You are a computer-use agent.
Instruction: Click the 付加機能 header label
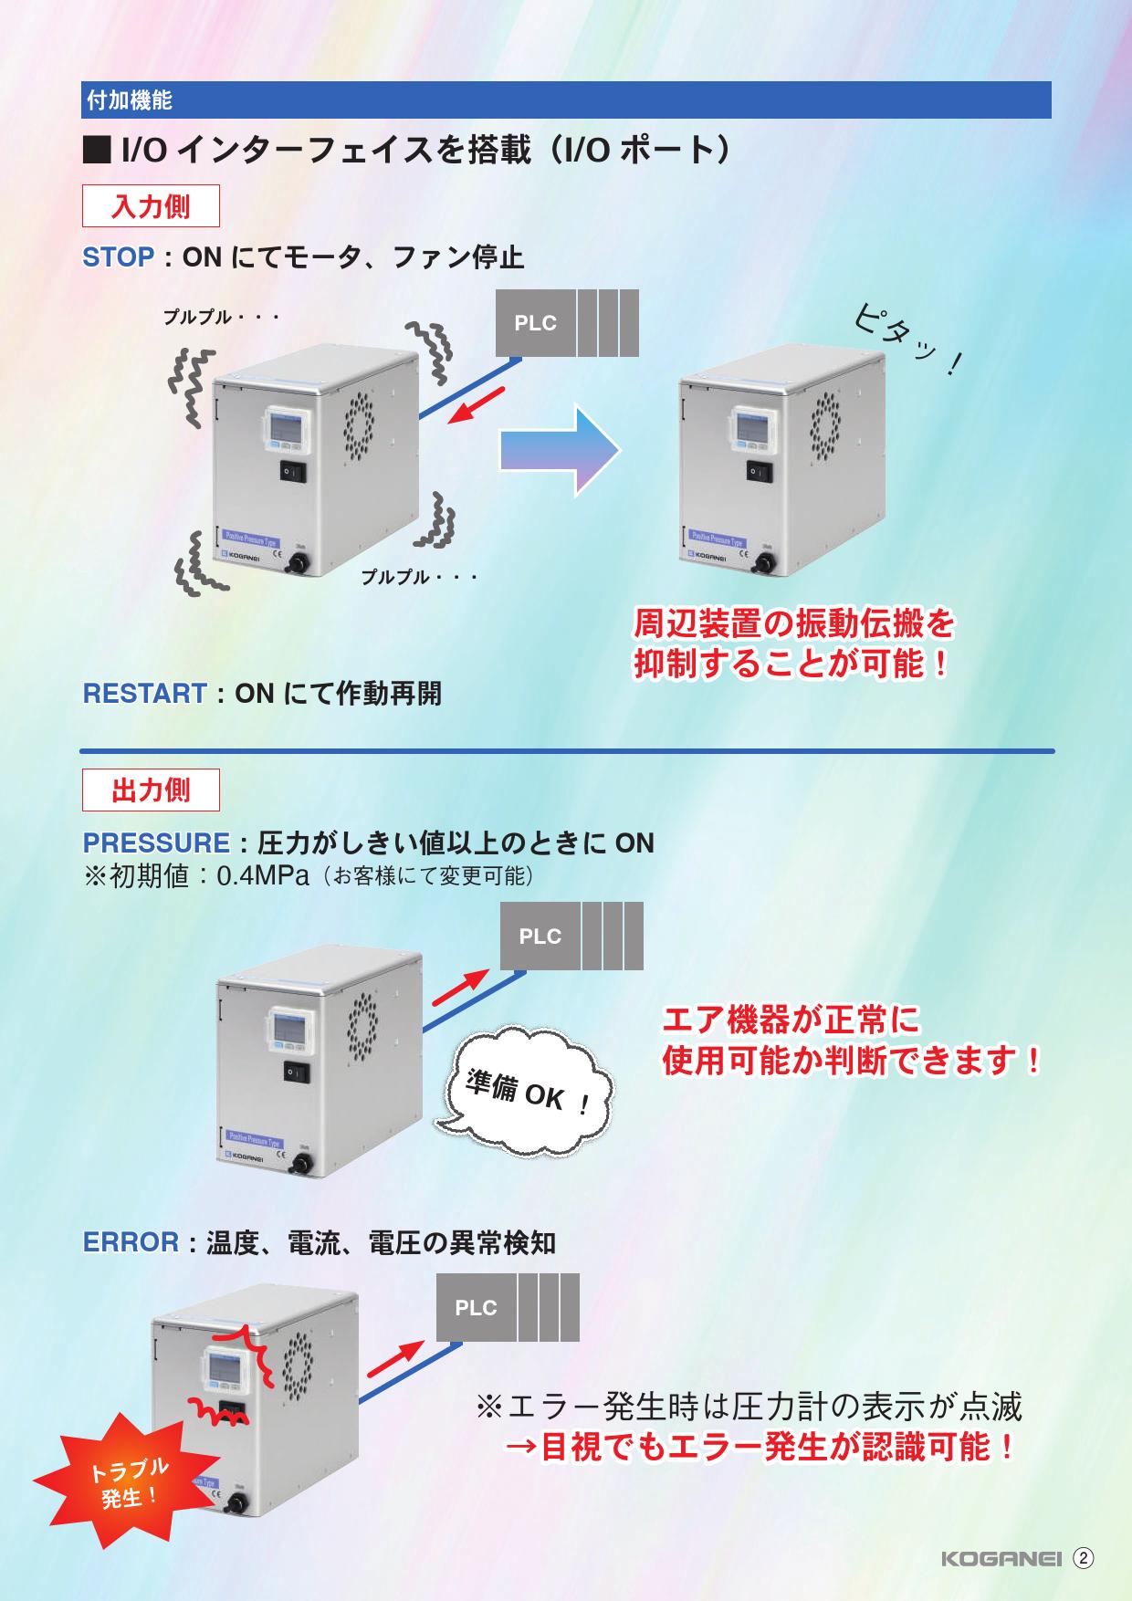tap(129, 100)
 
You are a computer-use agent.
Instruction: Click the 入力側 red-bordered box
tap(152, 206)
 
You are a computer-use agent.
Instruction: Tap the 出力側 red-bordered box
tap(152, 790)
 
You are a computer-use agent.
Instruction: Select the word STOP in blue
tap(119, 257)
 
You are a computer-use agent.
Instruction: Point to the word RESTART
tap(144, 694)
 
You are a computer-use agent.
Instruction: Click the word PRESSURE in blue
tap(156, 842)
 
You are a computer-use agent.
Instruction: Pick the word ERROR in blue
tap(131, 1242)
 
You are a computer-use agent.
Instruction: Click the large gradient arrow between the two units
tap(560, 450)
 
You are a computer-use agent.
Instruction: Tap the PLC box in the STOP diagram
tap(535, 323)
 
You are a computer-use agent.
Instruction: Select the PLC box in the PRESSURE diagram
tap(540, 937)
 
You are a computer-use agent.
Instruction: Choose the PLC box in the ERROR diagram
tap(476, 1308)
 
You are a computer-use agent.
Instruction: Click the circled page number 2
tap(1083, 1558)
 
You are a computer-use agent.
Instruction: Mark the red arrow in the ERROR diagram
tap(395, 1360)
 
